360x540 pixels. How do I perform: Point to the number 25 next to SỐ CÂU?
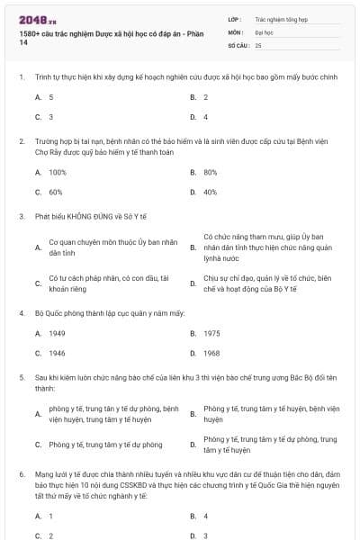[x=258, y=43]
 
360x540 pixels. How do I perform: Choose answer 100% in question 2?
[x=58, y=171]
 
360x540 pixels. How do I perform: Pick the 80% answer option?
[x=211, y=171]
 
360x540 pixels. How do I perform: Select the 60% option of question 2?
[x=56, y=192]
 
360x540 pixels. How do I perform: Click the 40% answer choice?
[x=211, y=192]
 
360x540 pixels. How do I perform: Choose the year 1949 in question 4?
[x=58, y=333]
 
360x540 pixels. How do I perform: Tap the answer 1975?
[x=211, y=333]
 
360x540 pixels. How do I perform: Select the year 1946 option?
[x=58, y=354]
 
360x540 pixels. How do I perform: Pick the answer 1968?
[x=211, y=354]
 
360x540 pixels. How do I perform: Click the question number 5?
[x=21, y=378]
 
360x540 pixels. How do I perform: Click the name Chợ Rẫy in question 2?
[x=47, y=151]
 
